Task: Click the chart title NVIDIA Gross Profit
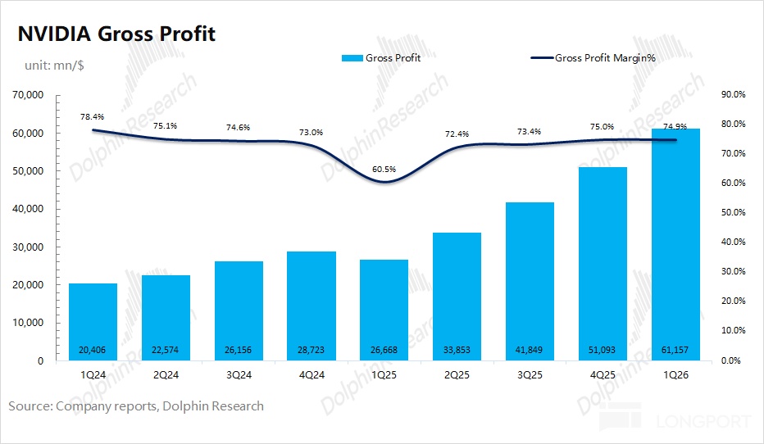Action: [x=116, y=34]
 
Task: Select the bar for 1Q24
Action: [x=93, y=322]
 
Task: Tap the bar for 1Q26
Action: [x=675, y=244]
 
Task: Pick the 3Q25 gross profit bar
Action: [x=530, y=282]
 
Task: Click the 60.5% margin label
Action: [x=384, y=170]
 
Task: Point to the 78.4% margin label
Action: [x=92, y=117]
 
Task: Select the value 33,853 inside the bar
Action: [x=457, y=350]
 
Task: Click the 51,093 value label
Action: [x=602, y=350]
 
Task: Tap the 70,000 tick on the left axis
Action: [x=28, y=95]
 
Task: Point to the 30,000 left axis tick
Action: [x=28, y=247]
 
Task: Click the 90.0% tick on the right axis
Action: [x=734, y=94]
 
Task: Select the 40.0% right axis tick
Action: [x=734, y=242]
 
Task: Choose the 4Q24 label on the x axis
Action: [x=312, y=375]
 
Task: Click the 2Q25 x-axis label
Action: [x=457, y=375]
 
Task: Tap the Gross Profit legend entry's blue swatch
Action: [x=352, y=58]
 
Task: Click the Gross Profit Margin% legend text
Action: [x=605, y=58]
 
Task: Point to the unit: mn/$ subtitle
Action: [x=54, y=66]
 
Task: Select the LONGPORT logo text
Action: [x=703, y=421]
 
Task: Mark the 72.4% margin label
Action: [x=457, y=134]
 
